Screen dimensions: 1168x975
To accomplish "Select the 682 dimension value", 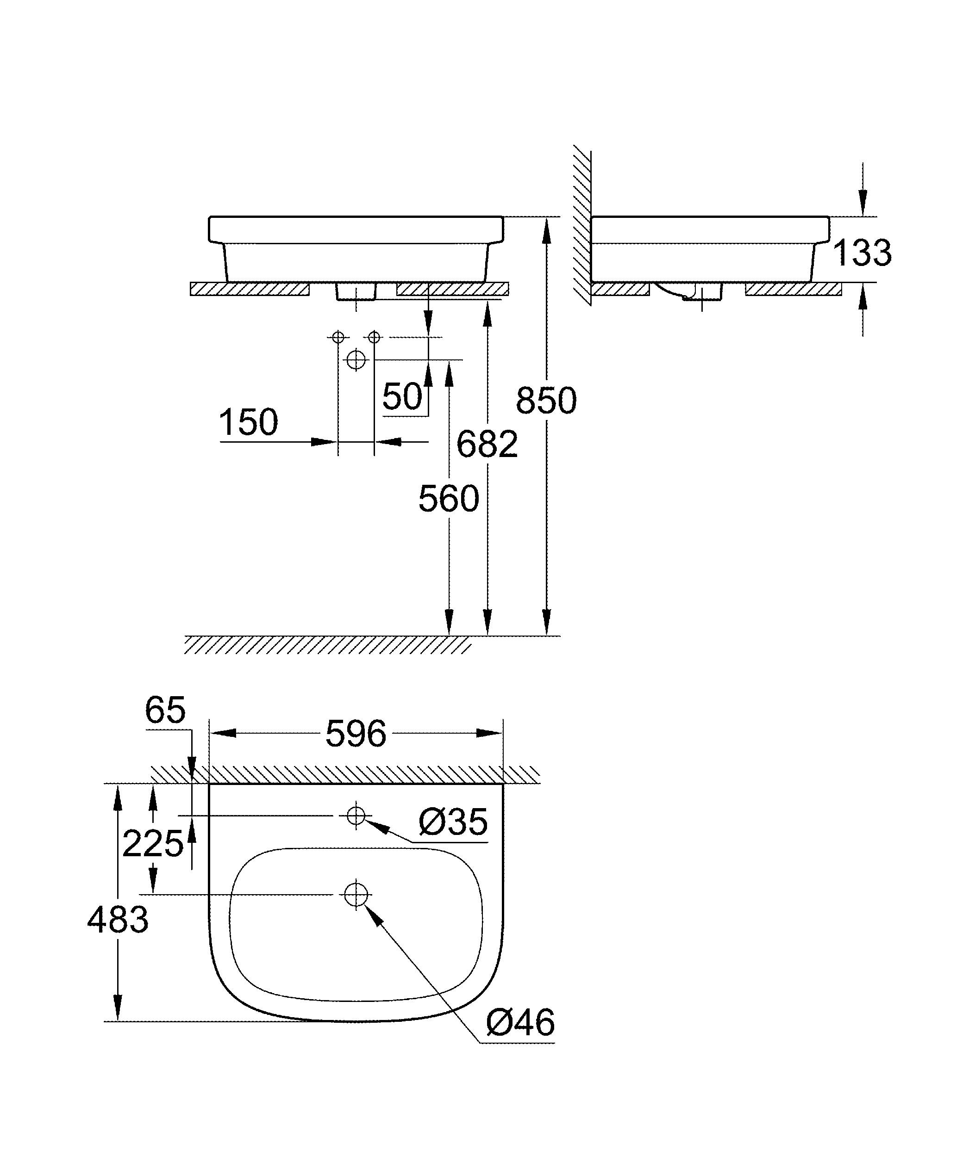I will [x=487, y=445].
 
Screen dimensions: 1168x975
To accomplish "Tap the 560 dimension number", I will [x=449, y=499].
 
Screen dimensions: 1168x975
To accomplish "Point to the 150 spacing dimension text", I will [x=248, y=422].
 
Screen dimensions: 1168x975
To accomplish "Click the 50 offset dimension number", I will [x=402, y=396].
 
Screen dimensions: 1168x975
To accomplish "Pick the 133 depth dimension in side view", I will [x=862, y=253].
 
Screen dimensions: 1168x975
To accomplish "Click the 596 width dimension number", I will [x=356, y=734].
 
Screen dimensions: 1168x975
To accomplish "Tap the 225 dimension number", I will [x=152, y=844].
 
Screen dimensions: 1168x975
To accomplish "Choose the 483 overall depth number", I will [x=118, y=920].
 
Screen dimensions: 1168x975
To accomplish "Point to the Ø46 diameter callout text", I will [x=520, y=1022].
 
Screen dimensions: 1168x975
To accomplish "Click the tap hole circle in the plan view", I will [x=356, y=816].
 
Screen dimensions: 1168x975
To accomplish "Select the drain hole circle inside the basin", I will [x=356, y=894].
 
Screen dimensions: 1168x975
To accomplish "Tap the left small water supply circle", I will [x=338, y=337].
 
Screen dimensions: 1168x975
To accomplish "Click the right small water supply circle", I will [x=375, y=337].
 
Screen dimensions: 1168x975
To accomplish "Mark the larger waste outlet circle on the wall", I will [x=356, y=360].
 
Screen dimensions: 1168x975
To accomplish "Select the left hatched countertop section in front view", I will [x=250, y=289].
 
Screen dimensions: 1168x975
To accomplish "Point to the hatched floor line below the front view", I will [x=328, y=645].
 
